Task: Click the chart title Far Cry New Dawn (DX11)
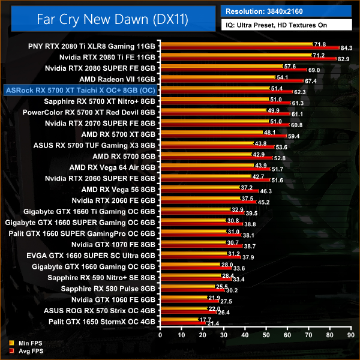point(112,20)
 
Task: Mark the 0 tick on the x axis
point(158,336)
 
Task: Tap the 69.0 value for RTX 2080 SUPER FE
point(314,70)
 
